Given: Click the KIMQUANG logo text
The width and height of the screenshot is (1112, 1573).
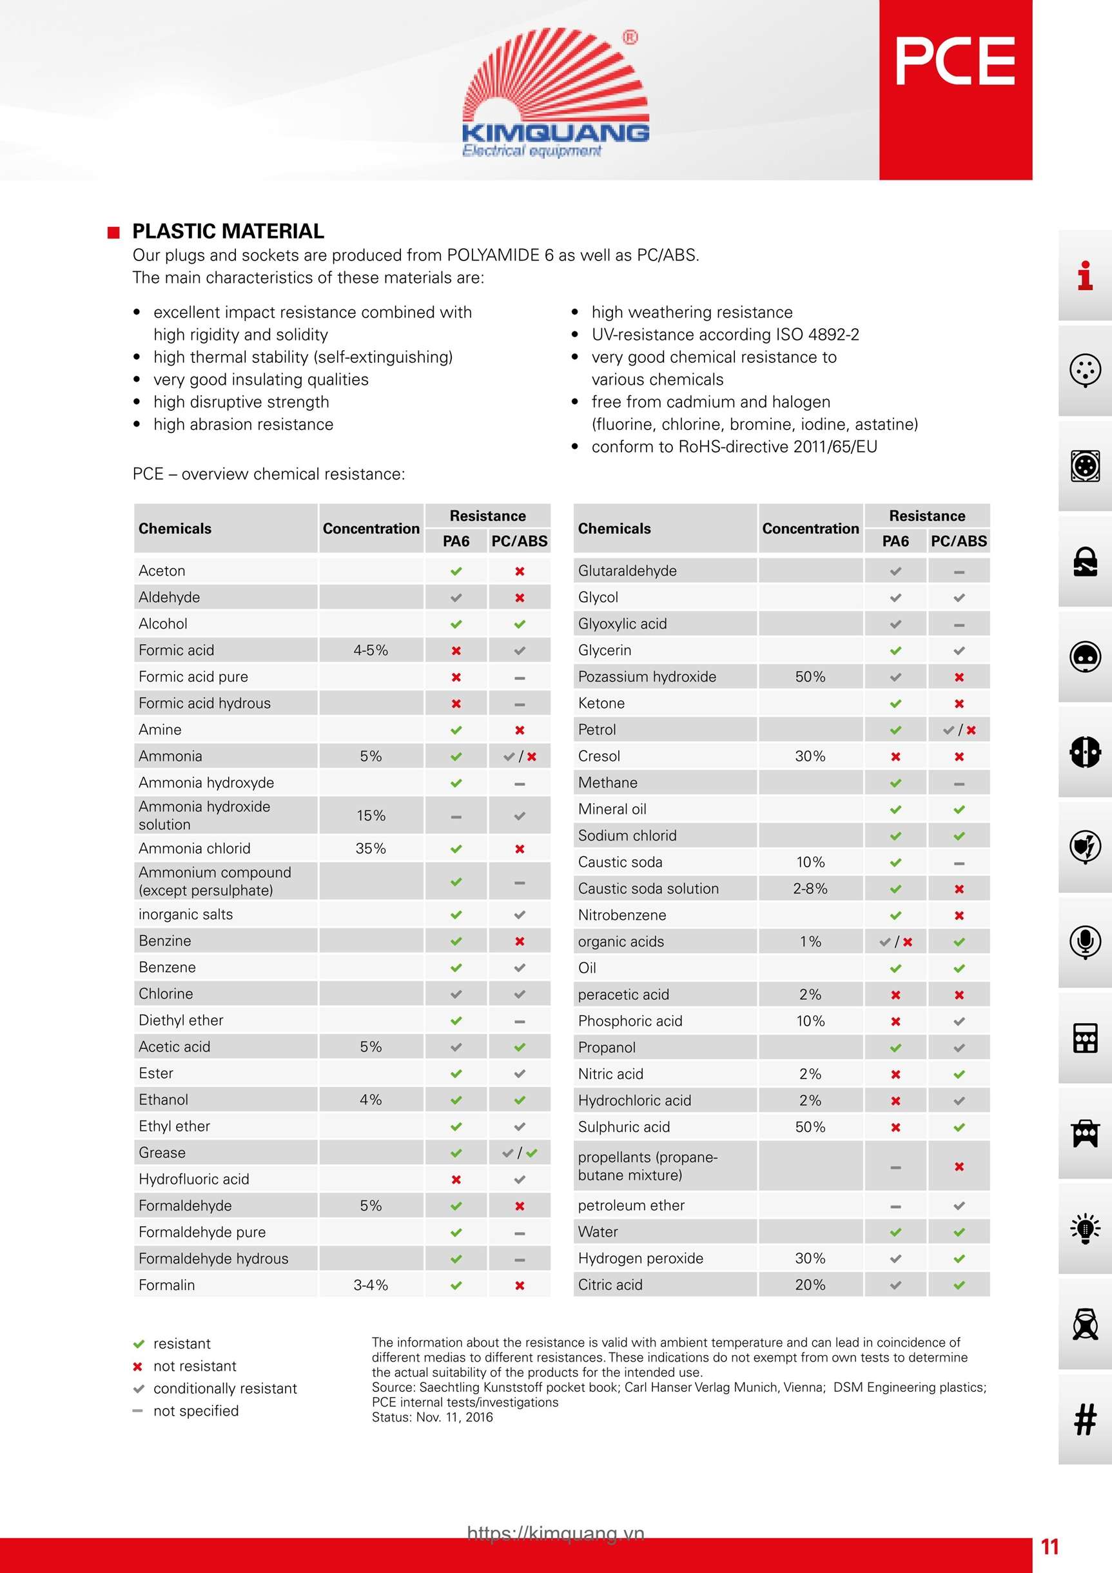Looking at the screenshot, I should point(555,132).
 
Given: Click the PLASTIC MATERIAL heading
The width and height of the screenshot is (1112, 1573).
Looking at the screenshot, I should point(228,231).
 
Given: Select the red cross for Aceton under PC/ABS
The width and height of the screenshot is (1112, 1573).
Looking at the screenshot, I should point(520,571).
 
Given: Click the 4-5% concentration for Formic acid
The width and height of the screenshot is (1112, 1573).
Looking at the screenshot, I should point(371,650).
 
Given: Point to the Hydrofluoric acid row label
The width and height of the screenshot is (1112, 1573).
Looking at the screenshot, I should point(194,1179).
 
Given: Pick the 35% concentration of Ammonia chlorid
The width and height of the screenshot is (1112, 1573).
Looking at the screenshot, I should point(371,848).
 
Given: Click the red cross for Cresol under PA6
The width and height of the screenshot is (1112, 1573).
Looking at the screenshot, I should point(895,756).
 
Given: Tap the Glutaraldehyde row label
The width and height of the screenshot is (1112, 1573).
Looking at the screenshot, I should point(627,571).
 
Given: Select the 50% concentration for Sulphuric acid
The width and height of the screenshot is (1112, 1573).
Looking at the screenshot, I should point(810,1127).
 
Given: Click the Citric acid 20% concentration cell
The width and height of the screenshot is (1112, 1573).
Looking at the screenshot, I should point(810,1285).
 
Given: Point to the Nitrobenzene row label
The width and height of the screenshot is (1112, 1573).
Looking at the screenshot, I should point(621,915).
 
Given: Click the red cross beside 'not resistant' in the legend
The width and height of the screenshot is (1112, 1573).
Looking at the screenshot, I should point(138,1367).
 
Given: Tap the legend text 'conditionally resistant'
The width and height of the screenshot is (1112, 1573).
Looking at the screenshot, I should point(225,1389).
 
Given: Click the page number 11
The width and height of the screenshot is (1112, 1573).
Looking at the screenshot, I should point(1049,1547).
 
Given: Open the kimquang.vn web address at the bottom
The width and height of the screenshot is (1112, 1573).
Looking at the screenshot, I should point(556,1532).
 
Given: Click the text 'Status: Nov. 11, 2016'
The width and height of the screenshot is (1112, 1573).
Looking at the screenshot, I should point(433,1418).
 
